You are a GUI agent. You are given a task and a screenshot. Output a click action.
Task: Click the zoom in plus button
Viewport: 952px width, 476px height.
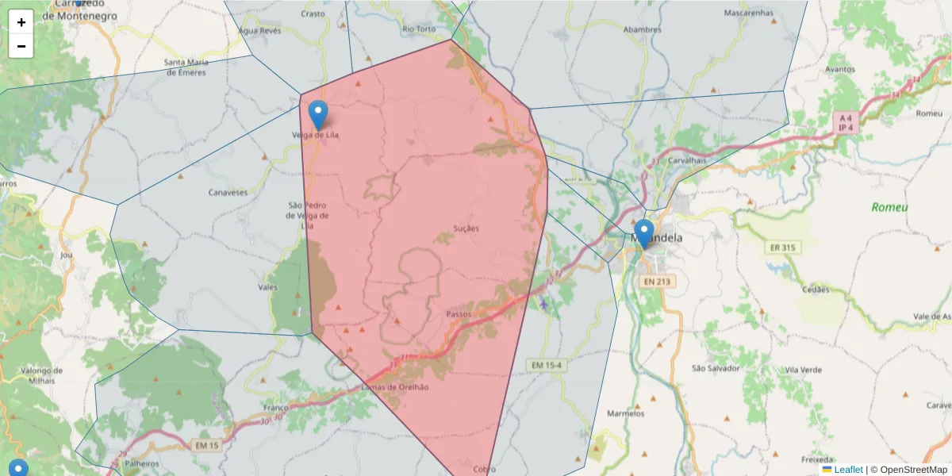[21, 22]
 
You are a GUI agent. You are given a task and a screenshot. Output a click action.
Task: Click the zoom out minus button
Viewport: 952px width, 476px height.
[21, 46]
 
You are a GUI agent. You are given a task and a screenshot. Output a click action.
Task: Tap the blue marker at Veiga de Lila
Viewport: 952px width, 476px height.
[318, 116]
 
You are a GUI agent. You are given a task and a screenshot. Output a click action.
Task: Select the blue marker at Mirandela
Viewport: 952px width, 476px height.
[644, 234]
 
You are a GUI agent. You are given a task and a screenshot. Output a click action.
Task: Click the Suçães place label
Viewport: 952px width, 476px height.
[466, 228]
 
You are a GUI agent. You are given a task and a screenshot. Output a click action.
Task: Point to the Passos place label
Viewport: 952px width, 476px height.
[459, 314]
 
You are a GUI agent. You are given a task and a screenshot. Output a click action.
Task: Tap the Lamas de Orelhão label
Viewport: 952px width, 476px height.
[394, 387]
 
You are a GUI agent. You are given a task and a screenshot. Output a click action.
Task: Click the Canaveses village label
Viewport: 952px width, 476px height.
[228, 192]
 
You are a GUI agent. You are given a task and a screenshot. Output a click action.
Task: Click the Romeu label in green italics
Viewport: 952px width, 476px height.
[889, 207]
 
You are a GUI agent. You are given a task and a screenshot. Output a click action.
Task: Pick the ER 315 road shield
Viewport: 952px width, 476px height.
[781, 248]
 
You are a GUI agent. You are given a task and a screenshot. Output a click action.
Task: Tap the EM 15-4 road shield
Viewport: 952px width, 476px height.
[547, 365]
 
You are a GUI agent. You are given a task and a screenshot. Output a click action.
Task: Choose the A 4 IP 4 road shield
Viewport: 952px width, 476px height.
[846, 122]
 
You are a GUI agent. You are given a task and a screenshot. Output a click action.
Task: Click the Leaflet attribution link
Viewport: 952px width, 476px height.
[847, 470]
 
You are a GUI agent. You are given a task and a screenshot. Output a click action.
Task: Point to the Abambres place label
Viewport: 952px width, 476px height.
[642, 30]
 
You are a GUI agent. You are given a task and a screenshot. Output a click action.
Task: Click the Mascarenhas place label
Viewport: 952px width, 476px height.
[748, 13]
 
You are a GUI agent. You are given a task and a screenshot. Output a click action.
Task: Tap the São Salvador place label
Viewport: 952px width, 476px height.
[716, 368]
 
